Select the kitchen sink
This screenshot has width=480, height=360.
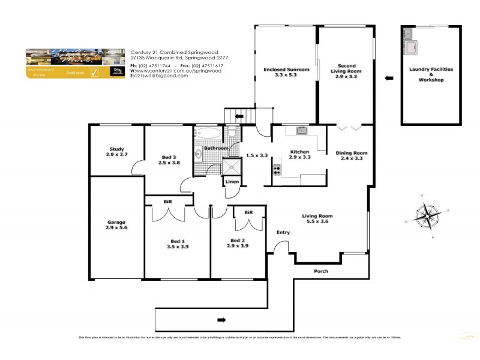pyautogui.click(x=301, y=130)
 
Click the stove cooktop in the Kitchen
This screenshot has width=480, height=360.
pyautogui.click(x=277, y=169)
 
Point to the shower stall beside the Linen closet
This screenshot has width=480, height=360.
pyautogui.click(x=230, y=166)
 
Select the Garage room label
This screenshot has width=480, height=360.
pyautogui.click(x=116, y=222)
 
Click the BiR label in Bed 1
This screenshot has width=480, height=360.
pyautogui.click(x=167, y=202)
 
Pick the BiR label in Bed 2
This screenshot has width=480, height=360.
pyautogui.click(x=248, y=212)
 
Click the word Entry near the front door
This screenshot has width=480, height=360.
pyautogui.click(x=283, y=232)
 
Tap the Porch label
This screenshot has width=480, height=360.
pyautogui.click(x=322, y=271)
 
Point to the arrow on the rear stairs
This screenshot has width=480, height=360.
pyautogui.click(x=239, y=115)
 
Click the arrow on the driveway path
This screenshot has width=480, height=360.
pyautogui.click(x=221, y=319)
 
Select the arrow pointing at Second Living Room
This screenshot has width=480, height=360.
pyautogui.click(x=388, y=77)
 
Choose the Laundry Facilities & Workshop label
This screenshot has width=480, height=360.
pyautogui.click(x=431, y=74)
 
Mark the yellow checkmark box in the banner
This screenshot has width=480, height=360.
pyautogui.click(x=94, y=73)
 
